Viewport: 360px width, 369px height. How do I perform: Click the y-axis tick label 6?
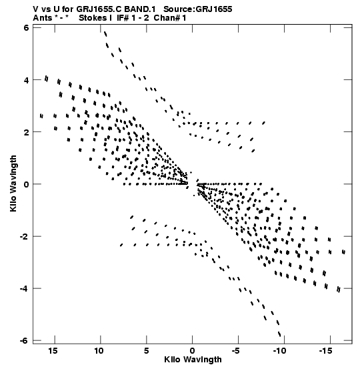click(x=26, y=28)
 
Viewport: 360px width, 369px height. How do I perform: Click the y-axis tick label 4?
click(x=26, y=80)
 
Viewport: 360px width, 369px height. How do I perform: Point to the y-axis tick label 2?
click(x=26, y=132)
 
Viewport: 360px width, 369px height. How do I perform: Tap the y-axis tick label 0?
click(x=26, y=184)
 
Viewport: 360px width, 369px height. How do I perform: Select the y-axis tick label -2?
click(x=24, y=236)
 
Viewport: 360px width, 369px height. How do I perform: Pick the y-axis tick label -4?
click(x=24, y=288)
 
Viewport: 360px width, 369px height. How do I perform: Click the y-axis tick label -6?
click(x=24, y=340)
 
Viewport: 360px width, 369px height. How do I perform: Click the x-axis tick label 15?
click(x=53, y=351)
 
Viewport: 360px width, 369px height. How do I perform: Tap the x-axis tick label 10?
click(x=99, y=351)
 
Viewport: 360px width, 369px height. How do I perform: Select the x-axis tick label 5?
click(x=146, y=351)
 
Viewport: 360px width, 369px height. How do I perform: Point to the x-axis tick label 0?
click(x=192, y=351)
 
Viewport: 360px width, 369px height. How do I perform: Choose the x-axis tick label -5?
click(x=236, y=351)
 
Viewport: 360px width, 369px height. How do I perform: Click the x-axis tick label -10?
click(x=280, y=351)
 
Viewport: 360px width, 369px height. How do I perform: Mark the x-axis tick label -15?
click(x=326, y=351)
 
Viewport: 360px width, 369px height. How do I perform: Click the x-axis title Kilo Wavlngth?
click(x=193, y=360)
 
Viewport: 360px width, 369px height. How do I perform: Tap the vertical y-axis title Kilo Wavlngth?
click(x=13, y=183)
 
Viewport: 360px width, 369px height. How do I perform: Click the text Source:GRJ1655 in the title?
click(x=198, y=9)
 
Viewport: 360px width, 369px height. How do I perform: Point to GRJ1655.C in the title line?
click(x=98, y=9)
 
